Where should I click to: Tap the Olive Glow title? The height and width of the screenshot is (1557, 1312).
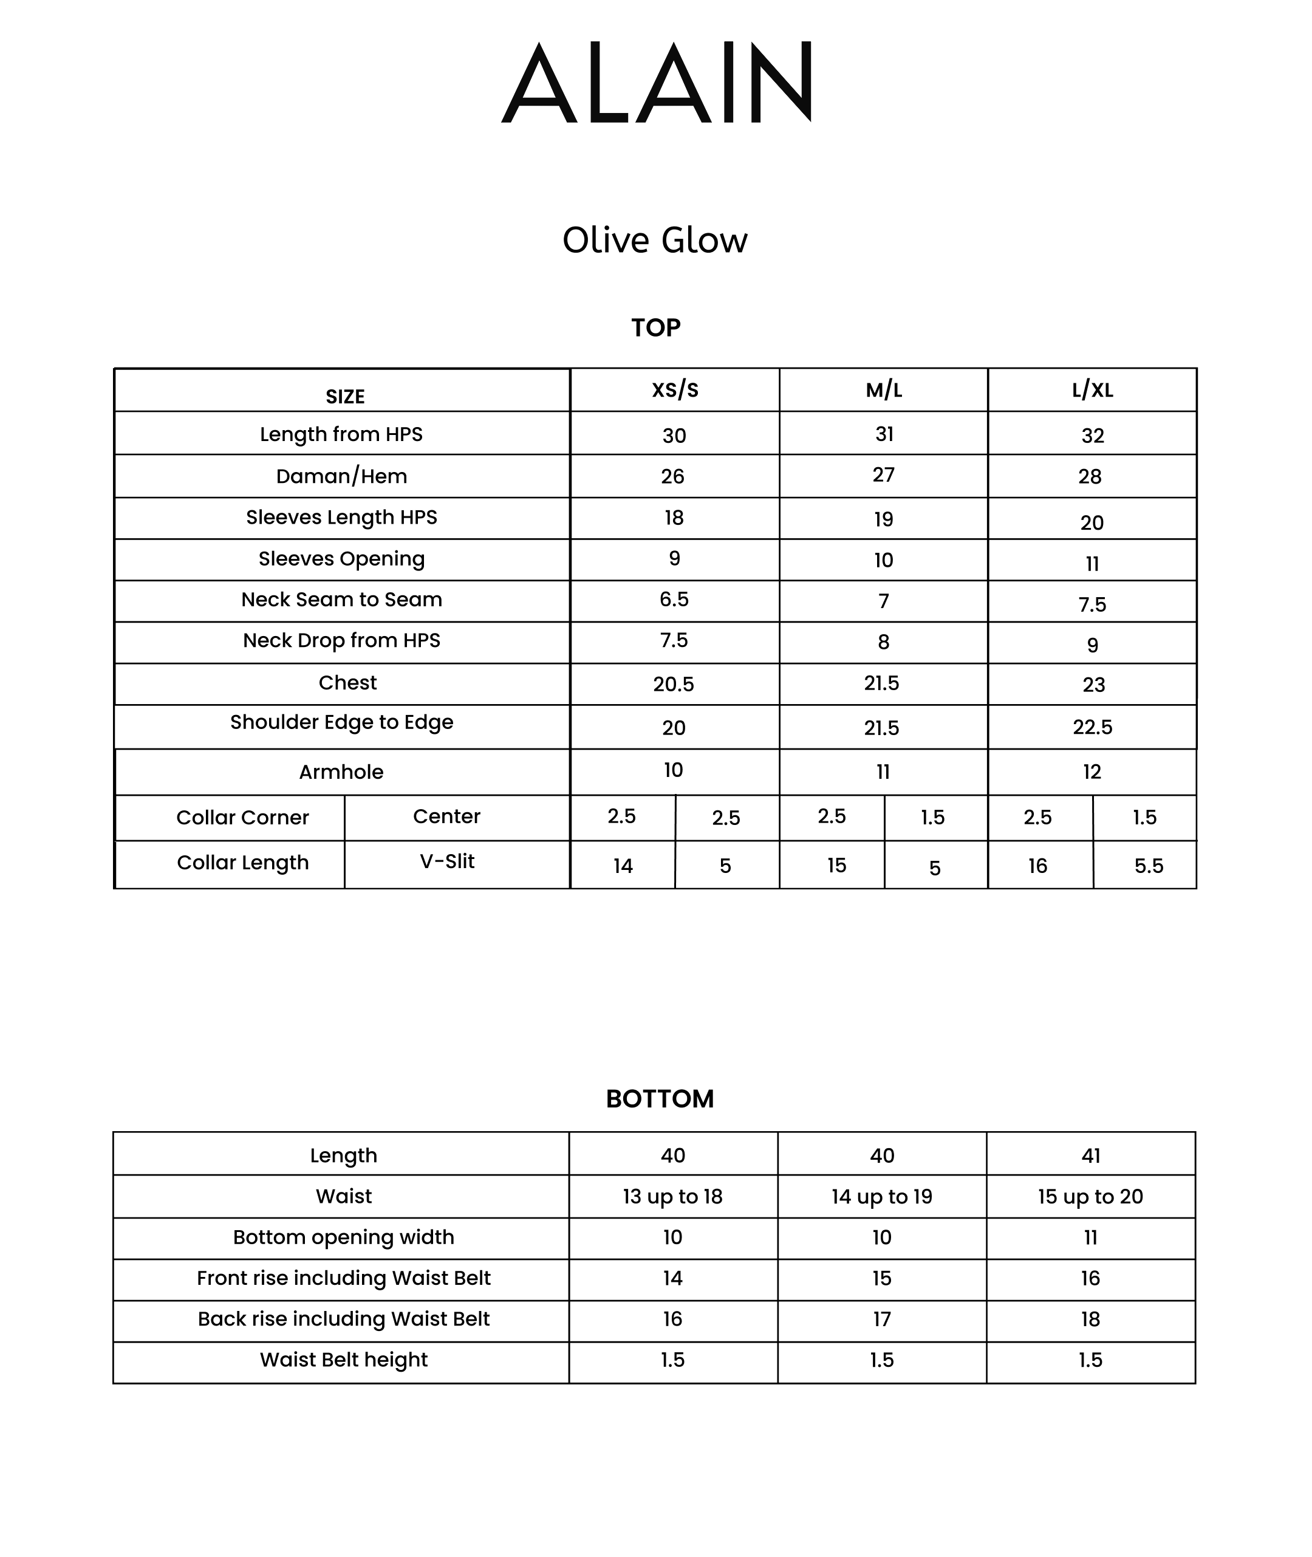[x=655, y=241]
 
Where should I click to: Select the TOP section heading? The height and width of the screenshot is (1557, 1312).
[x=655, y=327]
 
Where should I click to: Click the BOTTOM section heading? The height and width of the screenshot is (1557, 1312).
[x=660, y=1099]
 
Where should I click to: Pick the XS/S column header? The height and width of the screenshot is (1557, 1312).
[x=675, y=390]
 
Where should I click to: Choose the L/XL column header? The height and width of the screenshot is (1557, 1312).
[x=1092, y=390]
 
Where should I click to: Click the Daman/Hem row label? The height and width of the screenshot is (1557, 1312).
[x=341, y=476]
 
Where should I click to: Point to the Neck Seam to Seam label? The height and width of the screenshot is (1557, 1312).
[x=341, y=600]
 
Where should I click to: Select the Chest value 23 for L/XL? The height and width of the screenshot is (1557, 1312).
[x=1093, y=685]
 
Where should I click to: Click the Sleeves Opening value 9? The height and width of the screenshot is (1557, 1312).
[x=674, y=559]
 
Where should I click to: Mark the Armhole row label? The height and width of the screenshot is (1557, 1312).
[x=341, y=772]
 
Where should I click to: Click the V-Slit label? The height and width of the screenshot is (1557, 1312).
[x=447, y=861]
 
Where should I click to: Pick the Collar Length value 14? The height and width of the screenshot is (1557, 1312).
[x=623, y=866]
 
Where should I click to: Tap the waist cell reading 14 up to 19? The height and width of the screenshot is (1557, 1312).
[x=881, y=1196]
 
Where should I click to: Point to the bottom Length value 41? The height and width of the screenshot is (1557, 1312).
[x=1090, y=1155]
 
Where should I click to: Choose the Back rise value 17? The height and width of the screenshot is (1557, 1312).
[x=881, y=1319]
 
